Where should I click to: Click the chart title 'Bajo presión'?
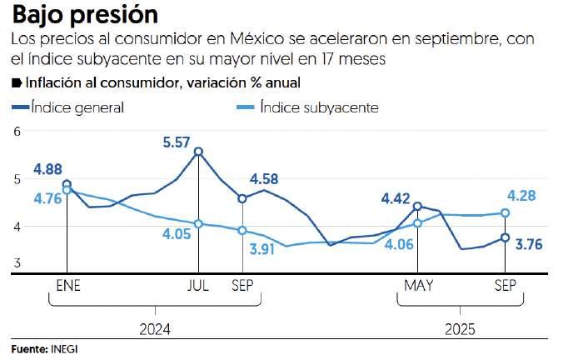pos(85,15)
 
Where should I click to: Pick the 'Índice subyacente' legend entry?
pos(318,107)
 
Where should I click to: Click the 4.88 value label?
pos(48,170)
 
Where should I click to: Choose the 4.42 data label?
pos(396,198)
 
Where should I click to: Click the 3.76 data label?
pos(531,244)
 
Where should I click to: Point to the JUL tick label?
pos(198,286)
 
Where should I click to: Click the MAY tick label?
pos(418,286)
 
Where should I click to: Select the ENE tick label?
pos(67,286)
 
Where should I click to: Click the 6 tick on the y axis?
pos(16,132)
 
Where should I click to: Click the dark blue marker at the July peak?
pos(198,152)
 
